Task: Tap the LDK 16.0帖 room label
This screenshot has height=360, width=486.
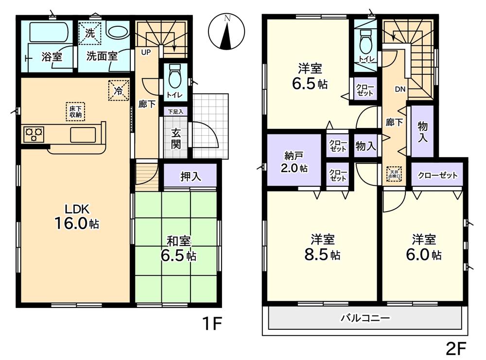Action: [x=76, y=216]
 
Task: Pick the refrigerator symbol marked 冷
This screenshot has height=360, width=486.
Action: [x=119, y=90]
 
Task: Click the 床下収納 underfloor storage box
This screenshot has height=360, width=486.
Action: [x=75, y=111]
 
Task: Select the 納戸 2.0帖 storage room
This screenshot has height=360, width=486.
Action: [x=294, y=162]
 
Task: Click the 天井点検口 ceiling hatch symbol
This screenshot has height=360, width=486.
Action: [x=394, y=174]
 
